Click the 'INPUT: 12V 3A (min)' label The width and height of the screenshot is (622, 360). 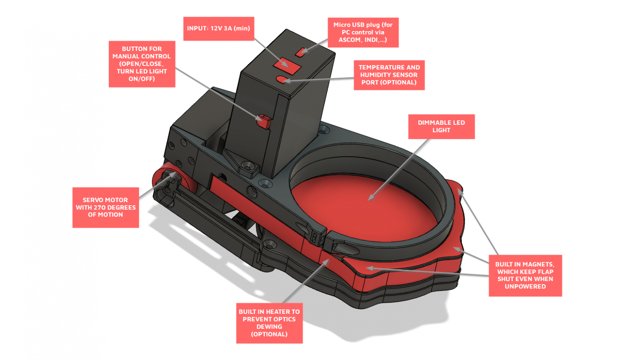(x=219, y=29)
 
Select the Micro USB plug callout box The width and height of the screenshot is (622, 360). (x=363, y=32)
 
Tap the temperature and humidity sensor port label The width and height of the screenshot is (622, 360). (x=389, y=75)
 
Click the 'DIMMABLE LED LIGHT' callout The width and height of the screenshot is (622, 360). (x=441, y=126)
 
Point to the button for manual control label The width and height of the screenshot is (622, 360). (x=142, y=64)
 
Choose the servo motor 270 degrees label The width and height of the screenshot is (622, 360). (x=106, y=207)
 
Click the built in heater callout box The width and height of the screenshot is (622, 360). (x=269, y=323)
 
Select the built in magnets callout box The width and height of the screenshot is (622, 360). (x=525, y=275)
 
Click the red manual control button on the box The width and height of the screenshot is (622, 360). (x=264, y=122)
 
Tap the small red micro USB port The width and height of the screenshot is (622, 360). (x=300, y=52)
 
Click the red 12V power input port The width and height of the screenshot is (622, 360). (x=287, y=66)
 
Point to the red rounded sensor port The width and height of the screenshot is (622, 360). (x=281, y=79)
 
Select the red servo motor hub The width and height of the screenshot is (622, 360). (x=169, y=178)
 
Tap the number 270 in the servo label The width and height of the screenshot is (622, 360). (x=100, y=207)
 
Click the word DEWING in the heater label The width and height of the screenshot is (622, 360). (x=269, y=327)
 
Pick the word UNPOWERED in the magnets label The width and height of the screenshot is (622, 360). (x=525, y=287)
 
